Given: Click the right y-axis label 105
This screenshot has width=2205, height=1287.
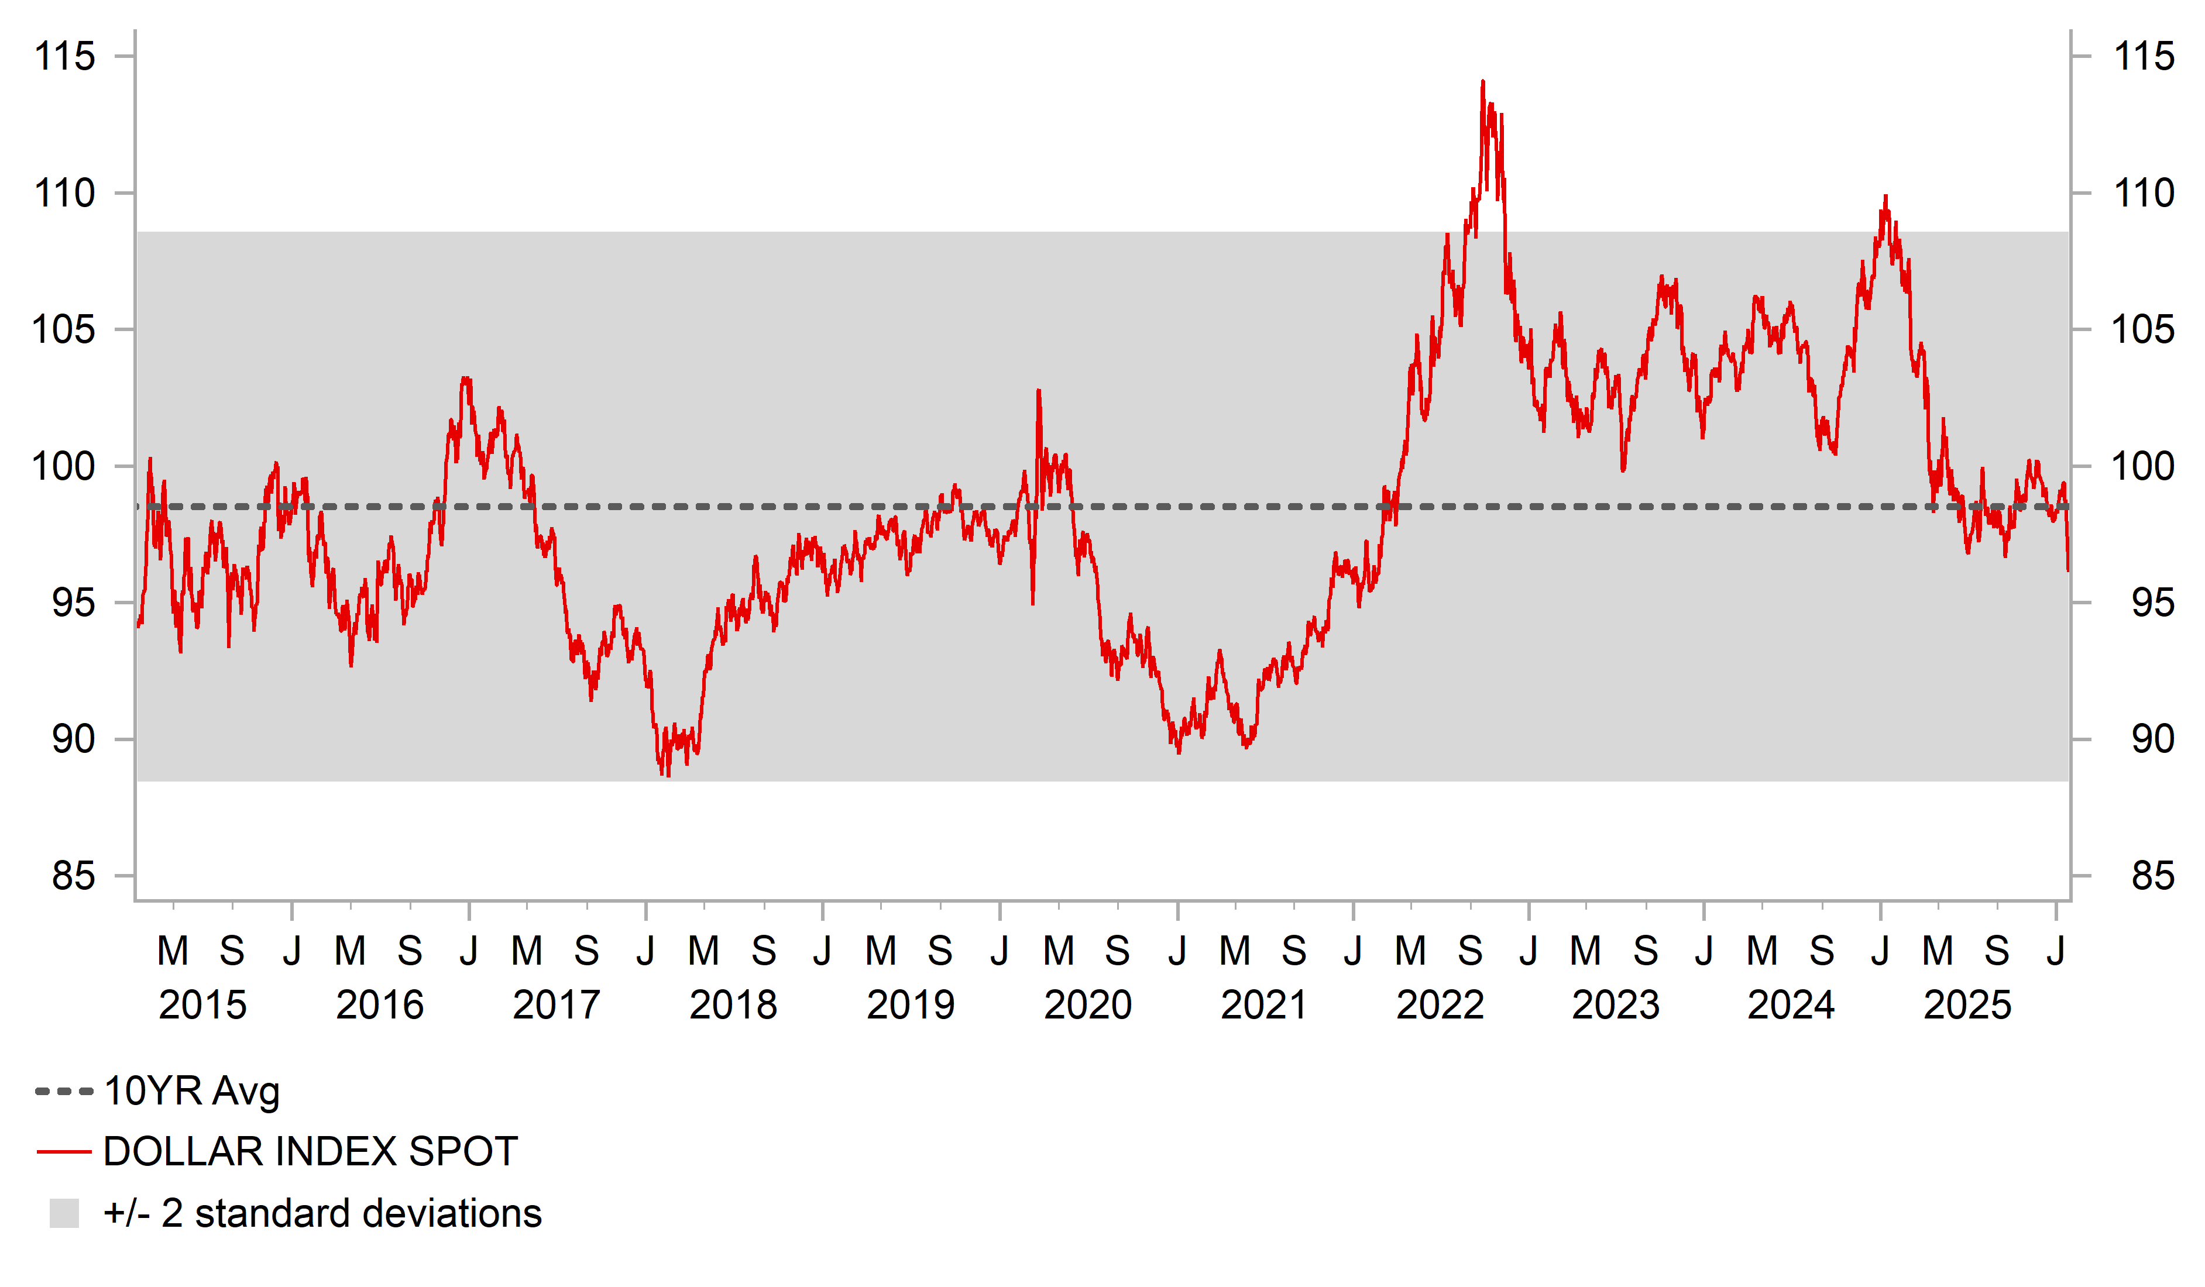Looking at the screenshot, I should [2143, 330].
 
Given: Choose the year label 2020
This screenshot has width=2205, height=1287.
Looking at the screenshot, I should [1088, 1004].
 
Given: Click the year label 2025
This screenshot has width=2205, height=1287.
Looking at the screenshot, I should [1967, 1004].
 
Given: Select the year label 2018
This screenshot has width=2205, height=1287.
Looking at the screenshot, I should [733, 1004].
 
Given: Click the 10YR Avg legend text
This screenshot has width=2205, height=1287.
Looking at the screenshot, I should [191, 1091].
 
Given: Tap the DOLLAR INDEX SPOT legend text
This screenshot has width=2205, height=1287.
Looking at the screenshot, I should [311, 1151].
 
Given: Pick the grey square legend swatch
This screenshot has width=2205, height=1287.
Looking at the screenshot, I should [64, 1213].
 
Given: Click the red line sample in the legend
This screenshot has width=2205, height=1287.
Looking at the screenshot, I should [64, 1152].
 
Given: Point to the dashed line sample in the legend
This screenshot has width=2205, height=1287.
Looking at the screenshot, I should [64, 1092].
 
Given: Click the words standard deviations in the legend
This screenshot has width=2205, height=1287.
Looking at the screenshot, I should [367, 1213].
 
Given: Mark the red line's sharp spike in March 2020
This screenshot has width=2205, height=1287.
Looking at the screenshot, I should [1039, 391].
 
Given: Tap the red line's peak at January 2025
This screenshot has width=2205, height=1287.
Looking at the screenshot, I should [1885, 197].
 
